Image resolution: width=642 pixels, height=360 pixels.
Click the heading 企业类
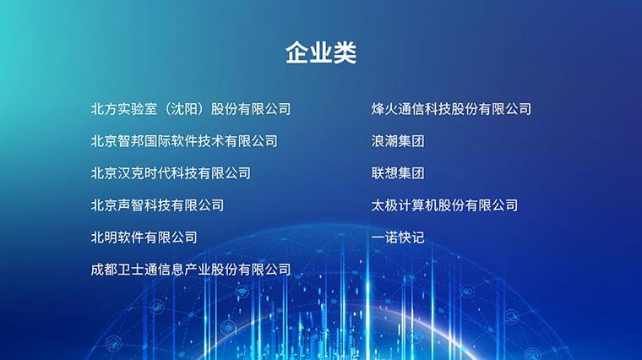click(321, 53)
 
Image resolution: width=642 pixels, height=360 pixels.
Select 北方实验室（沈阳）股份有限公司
click(191, 109)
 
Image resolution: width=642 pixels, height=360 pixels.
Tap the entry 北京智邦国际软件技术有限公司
click(184, 141)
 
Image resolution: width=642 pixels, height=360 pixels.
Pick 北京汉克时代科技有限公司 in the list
click(171, 173)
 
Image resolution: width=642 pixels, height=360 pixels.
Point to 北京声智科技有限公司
click(157, 205)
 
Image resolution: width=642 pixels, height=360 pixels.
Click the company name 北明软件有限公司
click(144, 237)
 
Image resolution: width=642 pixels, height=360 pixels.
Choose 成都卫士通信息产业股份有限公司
click(191, 270)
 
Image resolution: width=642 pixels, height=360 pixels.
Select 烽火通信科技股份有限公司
click(451, 109)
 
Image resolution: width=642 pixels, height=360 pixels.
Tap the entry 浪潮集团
click(398, 141)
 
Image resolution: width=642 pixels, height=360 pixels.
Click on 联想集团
click(398, 173)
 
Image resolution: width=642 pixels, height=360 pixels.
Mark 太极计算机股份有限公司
click(444, 205)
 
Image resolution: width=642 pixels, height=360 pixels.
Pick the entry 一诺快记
click(398, 237)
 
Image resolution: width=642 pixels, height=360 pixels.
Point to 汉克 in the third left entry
click(131, 173)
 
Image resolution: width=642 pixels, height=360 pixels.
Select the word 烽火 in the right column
click(384, 109)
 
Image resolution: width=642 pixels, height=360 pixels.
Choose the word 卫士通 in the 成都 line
click(138, 270)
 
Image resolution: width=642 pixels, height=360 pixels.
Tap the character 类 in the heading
click(345, 53)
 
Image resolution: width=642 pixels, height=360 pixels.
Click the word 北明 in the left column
click(104, 237)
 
